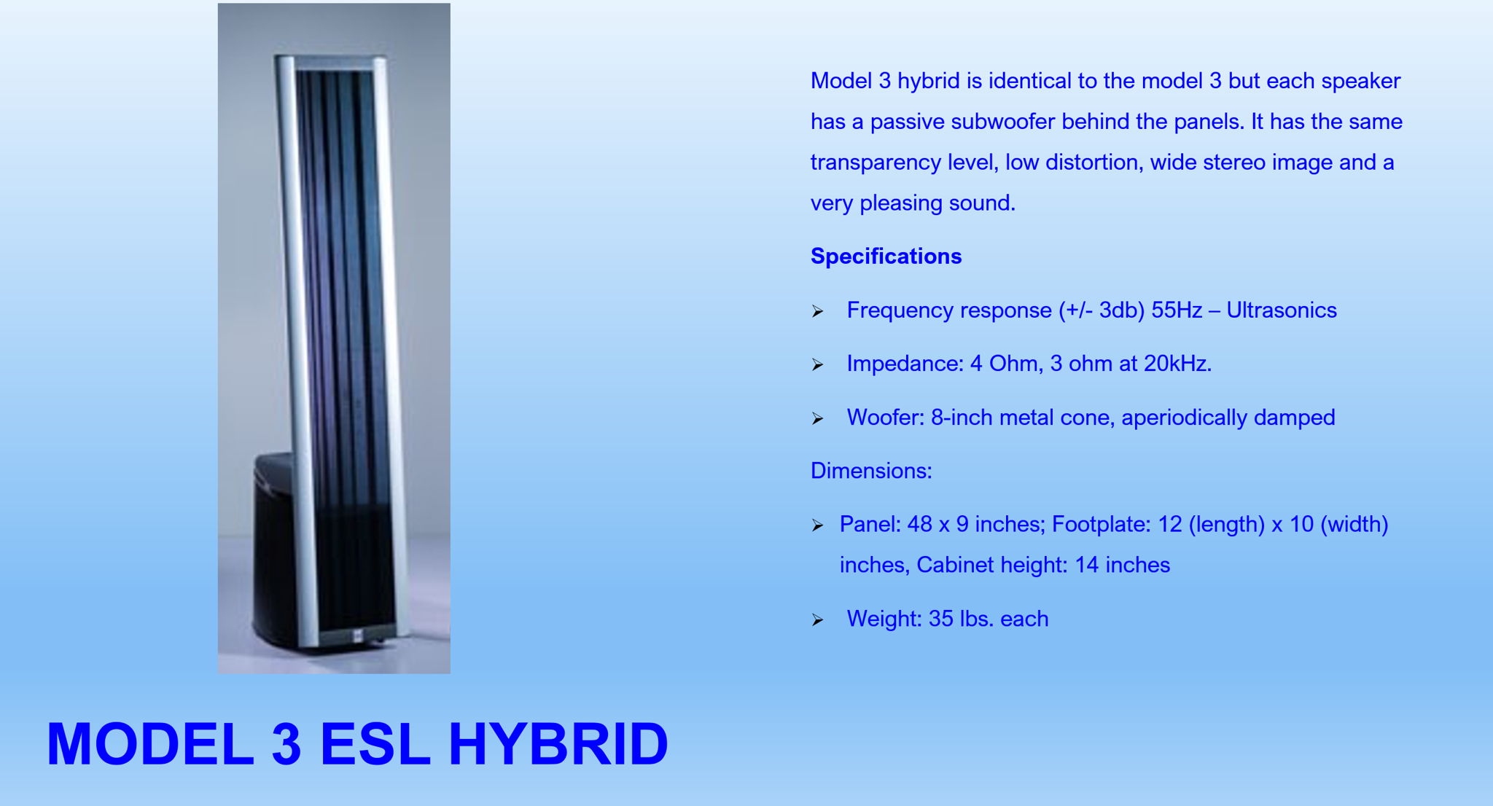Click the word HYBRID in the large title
click(x=558, y=744)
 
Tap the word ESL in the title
click(x=375, y=744)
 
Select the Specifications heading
click(x=886, y=257)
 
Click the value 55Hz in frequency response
click(x=1176, y=310)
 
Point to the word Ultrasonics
click(x=1282, y=310)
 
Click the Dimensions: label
click(x=871, y=471)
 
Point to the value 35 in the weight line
click(x=941, y=619)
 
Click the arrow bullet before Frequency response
click(x=817, y=312)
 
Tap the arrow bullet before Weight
click(x=817, y=620)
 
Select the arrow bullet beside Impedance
click(x=817, y=365)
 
